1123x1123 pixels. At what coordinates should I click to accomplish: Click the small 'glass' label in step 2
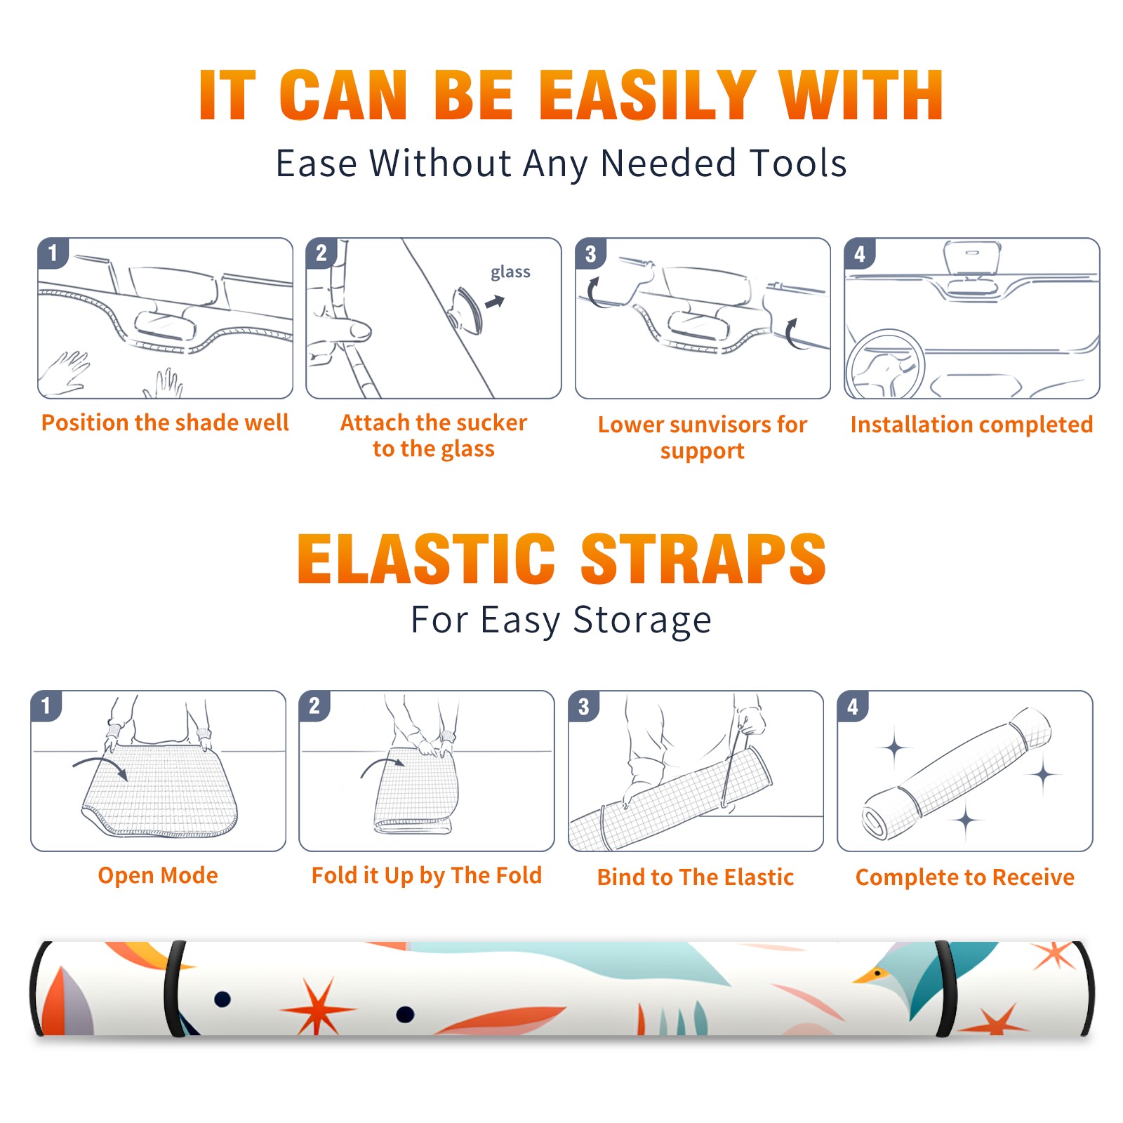click(510, 272)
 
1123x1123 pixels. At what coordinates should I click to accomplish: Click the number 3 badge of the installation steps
click(590, 253)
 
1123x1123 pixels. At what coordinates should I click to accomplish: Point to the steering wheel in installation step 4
click(885, 364)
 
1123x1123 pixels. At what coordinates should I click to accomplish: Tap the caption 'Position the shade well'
click(165, 423)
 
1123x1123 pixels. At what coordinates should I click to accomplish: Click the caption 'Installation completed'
click(971, 425)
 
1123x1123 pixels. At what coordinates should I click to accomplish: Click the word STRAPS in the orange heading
click(703, 559)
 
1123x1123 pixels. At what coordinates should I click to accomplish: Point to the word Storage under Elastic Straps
click(642, 620)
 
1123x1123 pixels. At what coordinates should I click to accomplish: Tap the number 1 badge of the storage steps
click(46, 705)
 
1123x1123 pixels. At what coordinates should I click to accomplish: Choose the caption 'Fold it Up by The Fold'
click(427, 875)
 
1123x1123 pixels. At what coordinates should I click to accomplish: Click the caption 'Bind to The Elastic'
click(696, 877)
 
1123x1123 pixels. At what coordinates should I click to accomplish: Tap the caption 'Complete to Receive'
click(965, 877)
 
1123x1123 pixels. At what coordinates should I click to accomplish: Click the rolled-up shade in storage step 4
click(957, 773)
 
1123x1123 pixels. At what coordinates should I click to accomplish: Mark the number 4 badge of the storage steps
click(853, 705)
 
